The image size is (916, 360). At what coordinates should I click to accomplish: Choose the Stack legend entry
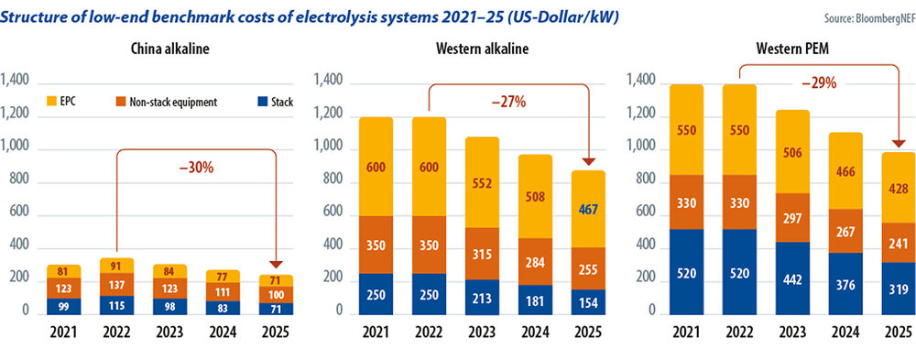point(276,102)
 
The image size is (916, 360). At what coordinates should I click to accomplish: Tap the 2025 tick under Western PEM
point(898,333)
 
